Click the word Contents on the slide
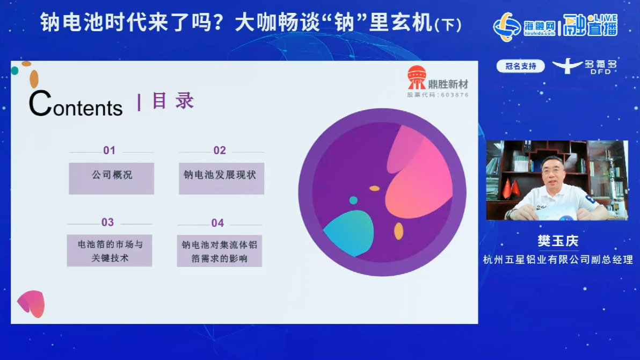(x=76, y=104)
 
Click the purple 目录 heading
(x=172, y=101)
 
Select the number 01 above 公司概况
(x=109, y=150)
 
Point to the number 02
(x=220, y=150)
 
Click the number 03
(x=108, y=222)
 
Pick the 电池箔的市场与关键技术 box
(x=110, y=250)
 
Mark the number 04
(x=217, y=223)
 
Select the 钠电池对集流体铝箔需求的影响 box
(x=220, y=251)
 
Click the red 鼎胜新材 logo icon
(x=416, y=78)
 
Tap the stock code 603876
(x=438, y=95)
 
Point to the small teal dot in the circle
(x=353, y=200)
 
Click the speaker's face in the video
(x=552, y=174)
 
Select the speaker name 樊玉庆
(x=558, y=241)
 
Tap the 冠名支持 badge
(x=520, y=66)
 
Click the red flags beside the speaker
(x=511, y=188)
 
